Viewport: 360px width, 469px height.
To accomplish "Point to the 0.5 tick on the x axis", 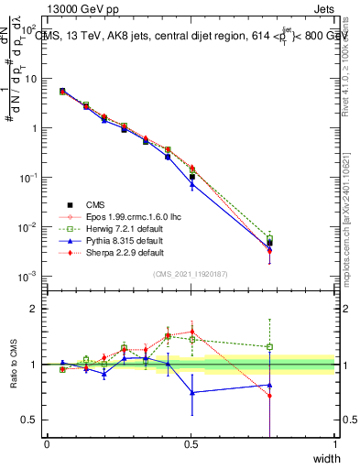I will (x=191, y=445).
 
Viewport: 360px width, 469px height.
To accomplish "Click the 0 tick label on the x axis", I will (x=47, y=445).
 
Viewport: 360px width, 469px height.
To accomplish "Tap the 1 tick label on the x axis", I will (x=335, y=445).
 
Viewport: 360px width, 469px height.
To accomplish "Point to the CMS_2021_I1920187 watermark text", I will (x=191, y=274).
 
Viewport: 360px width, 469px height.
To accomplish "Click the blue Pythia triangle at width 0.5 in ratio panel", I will (x=192, y=392).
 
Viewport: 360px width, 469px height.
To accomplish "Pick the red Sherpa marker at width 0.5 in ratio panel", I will (x=192, y=332).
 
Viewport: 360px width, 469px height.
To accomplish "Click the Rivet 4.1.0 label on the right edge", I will (x=351, y=64).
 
